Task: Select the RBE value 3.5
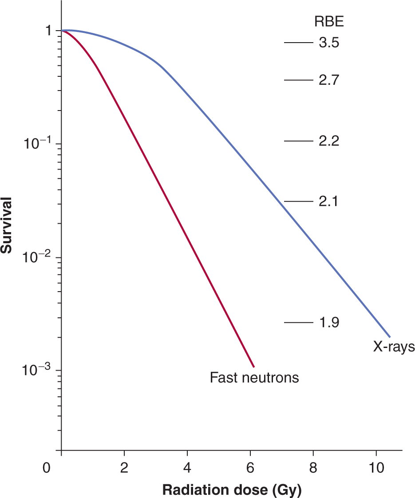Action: point(329,43)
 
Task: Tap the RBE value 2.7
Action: point(329,80)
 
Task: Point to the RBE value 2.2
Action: point(329,141)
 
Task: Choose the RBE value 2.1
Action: point(329,202)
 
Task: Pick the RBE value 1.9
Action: point(329,323)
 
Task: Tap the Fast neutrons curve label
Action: point(254,378)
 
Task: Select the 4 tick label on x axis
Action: point(187,468)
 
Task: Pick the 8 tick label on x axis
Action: point(313,468)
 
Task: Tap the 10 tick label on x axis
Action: point(376,468)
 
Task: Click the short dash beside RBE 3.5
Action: point(298,43)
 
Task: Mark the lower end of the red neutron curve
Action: point(253,367)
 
